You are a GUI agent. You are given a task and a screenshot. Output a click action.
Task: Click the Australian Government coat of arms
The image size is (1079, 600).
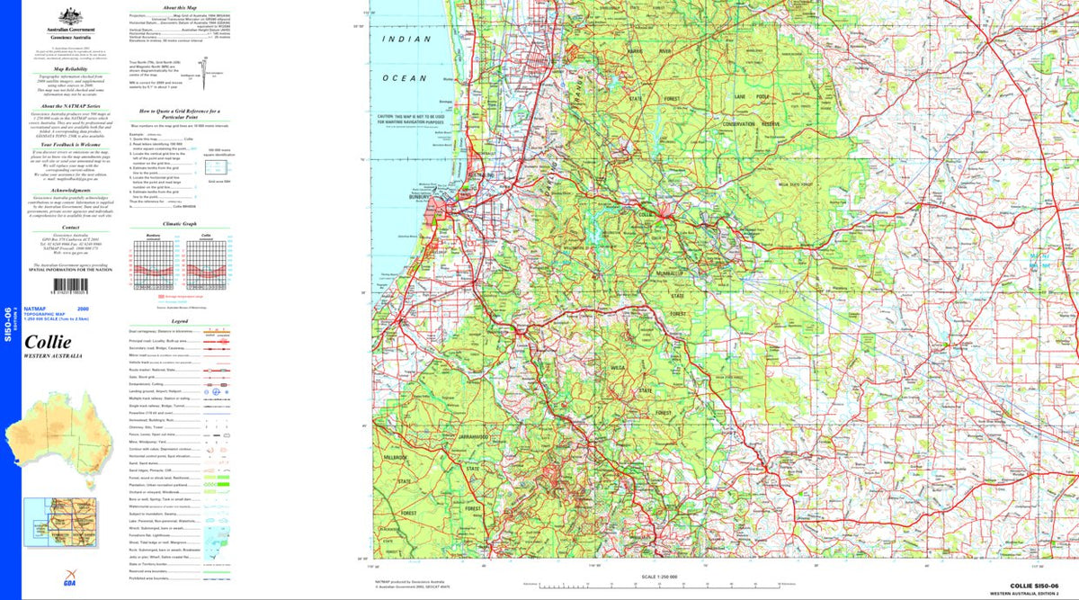click(x=66, y=16)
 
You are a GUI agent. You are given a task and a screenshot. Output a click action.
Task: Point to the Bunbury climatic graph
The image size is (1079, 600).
click(x=152, y=263)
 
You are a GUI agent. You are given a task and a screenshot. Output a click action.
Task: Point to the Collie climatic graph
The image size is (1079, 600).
click(x=207, y=263)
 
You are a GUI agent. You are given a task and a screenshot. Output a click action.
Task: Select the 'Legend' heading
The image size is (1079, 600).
click(x=179, y=320)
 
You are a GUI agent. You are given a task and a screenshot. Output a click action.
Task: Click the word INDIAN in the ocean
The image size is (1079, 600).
click(x=400, y=40)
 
